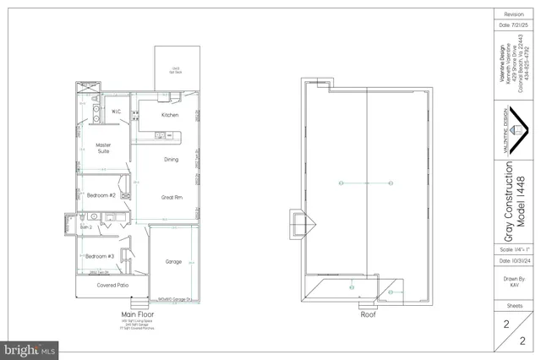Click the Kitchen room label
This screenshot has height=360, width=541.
click(x=170, y=115)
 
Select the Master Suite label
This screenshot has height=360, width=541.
click(x=104, y=148)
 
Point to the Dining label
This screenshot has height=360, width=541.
click(x=171, y=159)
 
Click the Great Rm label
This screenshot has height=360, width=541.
click(x=172, y=197)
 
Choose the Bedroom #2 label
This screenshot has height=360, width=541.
click(x=101, y=195)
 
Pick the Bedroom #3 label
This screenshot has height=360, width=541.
click(x=99, y=255)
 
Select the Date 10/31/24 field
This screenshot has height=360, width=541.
click(x=514, y=263)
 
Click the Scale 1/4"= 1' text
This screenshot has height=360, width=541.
click(x=514, y=251)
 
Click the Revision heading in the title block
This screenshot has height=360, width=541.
click(x=514, y=14)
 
